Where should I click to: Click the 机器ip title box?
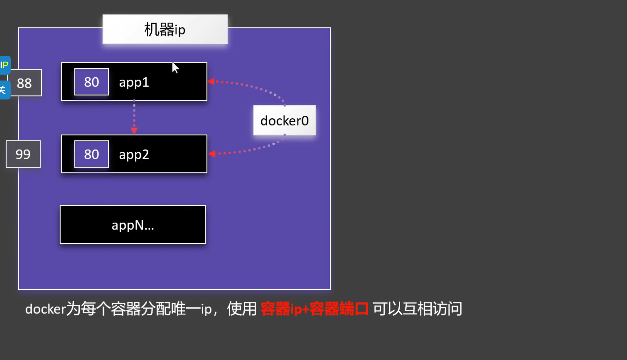point(165,29)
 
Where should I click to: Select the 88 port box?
point(24,83)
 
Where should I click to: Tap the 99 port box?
point(23,154)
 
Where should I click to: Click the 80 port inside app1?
point(91,82)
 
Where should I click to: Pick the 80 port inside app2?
point(91,154)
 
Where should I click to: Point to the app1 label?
point(134,82)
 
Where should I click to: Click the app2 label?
point(134,155)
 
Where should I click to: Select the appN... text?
point(133,225)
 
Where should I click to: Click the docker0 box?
point(284,120)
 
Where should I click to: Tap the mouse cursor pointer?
point(175,67)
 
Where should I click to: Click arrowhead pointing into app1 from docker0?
point(211,81)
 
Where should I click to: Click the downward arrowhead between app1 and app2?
point(134,131)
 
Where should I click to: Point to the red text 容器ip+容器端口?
point(314,309)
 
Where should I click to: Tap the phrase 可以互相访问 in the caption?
point(417,309)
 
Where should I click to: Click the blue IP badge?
point(5,65)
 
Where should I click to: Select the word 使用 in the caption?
point(242,309)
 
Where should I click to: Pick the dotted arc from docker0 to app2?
point(255,149)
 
